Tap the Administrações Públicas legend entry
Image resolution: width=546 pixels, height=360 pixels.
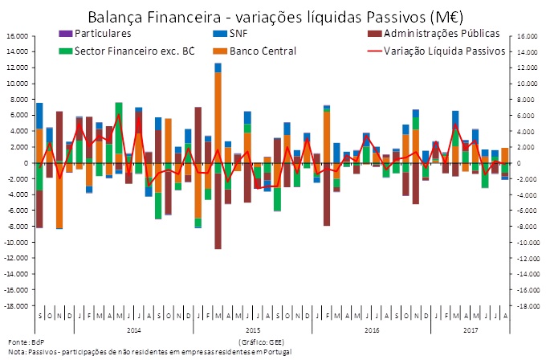click(x=441, y=34)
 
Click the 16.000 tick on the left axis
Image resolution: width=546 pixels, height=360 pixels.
click(x=17, y=36)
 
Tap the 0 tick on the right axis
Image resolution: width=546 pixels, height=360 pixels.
click(x=520, y=163)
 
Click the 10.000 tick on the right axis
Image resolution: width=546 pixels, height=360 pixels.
click(x=528, y=84)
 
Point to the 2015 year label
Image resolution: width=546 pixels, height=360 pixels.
click(x=252, y=330)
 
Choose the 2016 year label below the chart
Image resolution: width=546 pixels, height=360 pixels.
click(x=372, y=330)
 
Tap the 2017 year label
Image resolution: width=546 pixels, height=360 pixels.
click(x=471, y=330)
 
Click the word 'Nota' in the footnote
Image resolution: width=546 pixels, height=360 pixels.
click(x=15, y=352)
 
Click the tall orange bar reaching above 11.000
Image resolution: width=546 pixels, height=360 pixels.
click(x=218, y=121)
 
